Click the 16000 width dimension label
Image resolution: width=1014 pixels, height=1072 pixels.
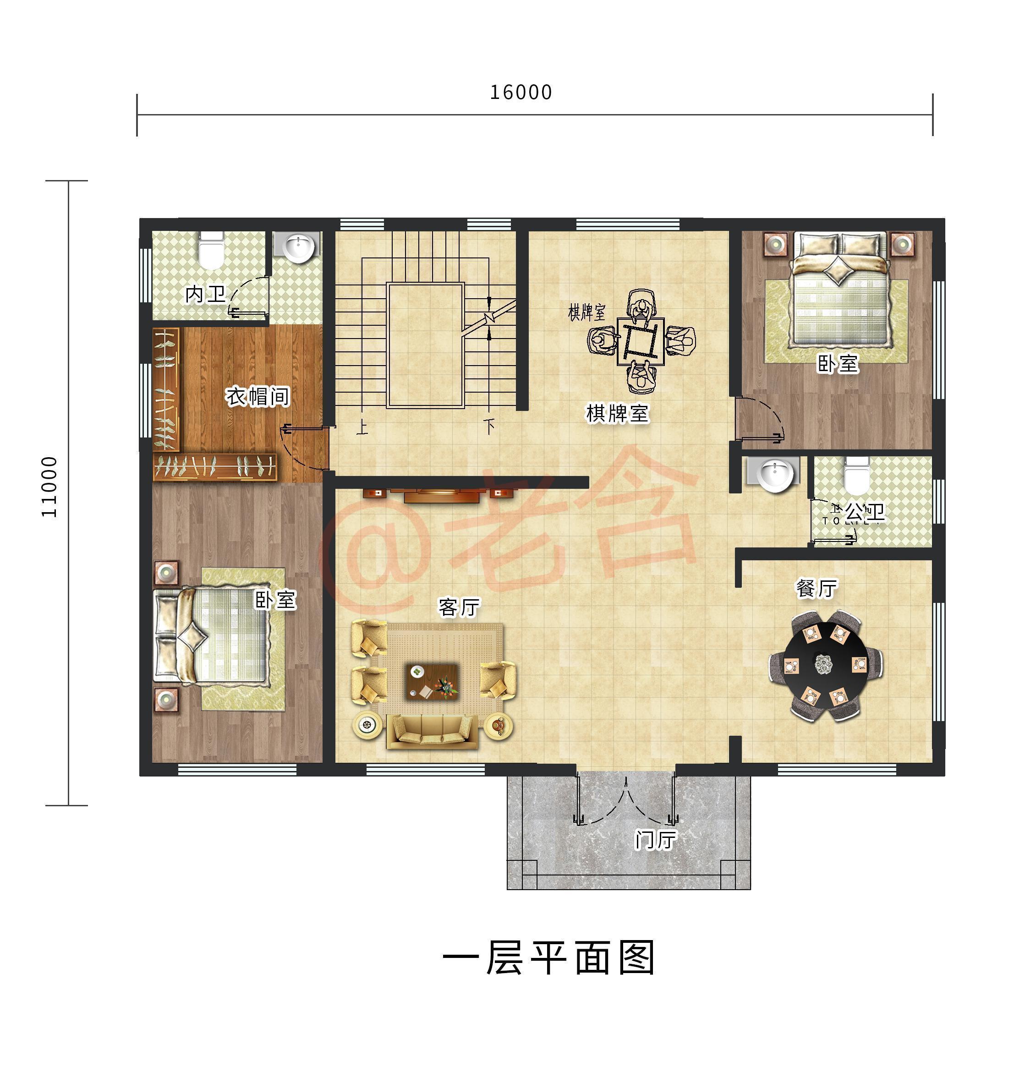(521, 93)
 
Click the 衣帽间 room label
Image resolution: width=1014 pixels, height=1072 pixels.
(258, 397)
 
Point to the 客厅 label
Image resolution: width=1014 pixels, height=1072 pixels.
(459, 607)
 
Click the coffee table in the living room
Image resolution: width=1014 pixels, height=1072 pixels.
(432, 682)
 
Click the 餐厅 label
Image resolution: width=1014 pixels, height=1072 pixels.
(816, 588)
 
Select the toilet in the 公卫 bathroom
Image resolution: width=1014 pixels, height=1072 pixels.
(856, 476)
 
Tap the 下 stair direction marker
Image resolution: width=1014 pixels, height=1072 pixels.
(490, 427)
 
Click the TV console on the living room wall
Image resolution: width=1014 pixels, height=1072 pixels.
(441, 494)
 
